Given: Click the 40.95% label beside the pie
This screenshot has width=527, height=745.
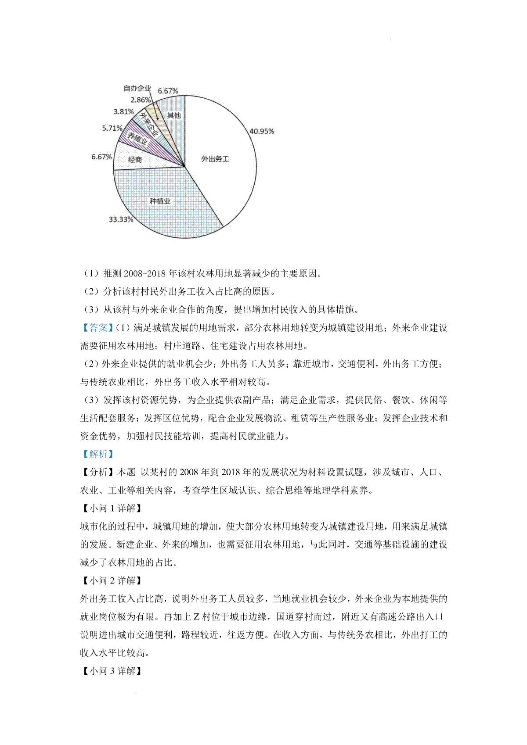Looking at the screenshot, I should [x=262, y=131].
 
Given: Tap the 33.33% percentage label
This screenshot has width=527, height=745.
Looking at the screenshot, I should [x=121, y=219].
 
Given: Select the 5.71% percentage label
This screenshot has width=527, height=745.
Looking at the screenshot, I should [x=112, y=128].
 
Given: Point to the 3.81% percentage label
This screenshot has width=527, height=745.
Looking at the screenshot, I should [x=124, y=111].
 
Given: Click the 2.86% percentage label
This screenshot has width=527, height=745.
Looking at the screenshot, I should [x=141, y=100].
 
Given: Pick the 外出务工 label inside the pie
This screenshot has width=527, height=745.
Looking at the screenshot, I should [x=215, y=159].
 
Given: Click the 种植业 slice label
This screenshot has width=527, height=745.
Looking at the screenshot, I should [x=160, y=201].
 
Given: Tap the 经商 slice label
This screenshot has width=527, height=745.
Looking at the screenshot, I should [x=135, y=160].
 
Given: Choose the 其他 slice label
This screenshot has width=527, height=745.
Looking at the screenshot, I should [x=174, y=115].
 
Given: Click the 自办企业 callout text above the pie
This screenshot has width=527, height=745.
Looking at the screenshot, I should [x=137, y=88].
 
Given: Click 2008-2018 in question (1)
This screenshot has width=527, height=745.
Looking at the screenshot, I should [x=147, y=273].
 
